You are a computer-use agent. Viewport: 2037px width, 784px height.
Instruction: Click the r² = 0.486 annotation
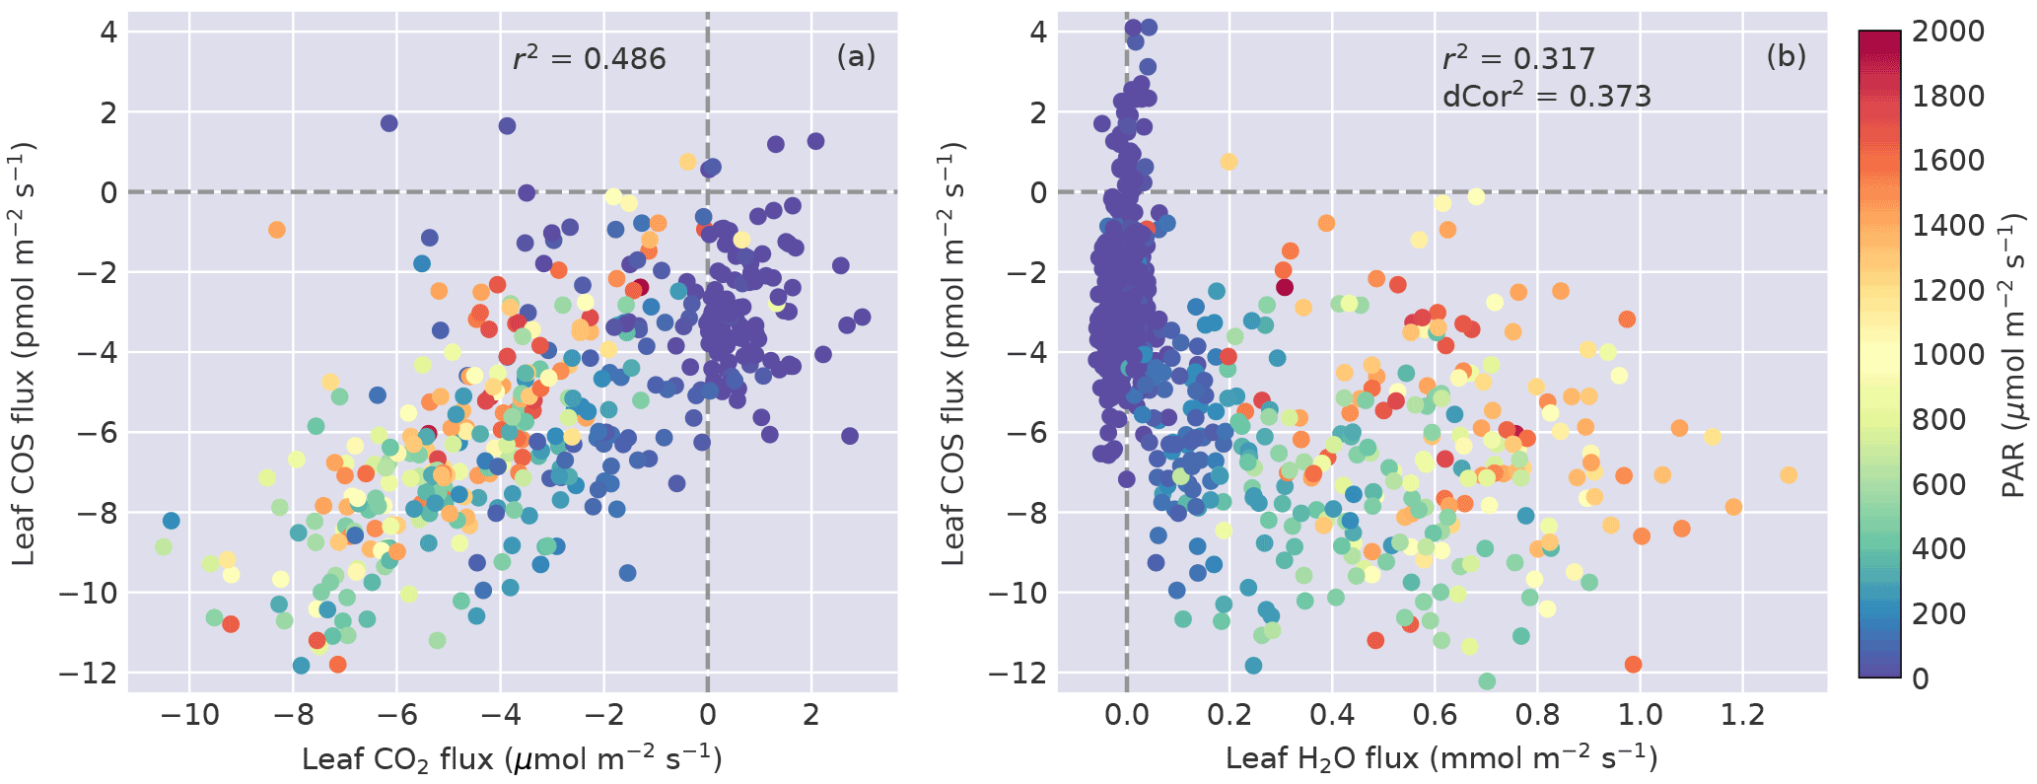[x=590, y=58]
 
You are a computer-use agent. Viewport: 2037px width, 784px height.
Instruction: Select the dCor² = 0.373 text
[x=1546, y=96]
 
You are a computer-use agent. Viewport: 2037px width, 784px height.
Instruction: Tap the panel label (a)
[x=855, y=57]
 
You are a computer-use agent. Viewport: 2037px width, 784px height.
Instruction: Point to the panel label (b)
[x=1786, y=57]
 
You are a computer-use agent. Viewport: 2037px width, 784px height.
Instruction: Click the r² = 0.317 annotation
[x=1518, y=58]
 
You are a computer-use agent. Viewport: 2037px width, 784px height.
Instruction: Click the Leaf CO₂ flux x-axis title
[x=512, y=758]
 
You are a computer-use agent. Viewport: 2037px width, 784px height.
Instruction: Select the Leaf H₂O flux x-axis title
[x=1440, y=758]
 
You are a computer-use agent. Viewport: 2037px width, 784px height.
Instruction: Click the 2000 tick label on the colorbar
[x=1948, y=32]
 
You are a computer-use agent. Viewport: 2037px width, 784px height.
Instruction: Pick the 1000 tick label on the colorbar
[x=1948, y=355]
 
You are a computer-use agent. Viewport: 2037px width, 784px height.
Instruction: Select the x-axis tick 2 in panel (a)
[x=811, y=715]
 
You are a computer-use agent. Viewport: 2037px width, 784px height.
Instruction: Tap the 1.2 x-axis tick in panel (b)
[x=1743, y=715]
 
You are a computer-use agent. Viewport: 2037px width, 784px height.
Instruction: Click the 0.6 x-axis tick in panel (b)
[x=1435, y=715]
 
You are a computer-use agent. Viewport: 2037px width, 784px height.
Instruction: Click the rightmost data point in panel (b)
[x=1788, y=475]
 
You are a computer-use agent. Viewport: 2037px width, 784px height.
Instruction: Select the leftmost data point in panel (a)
[x=163, y=546]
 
